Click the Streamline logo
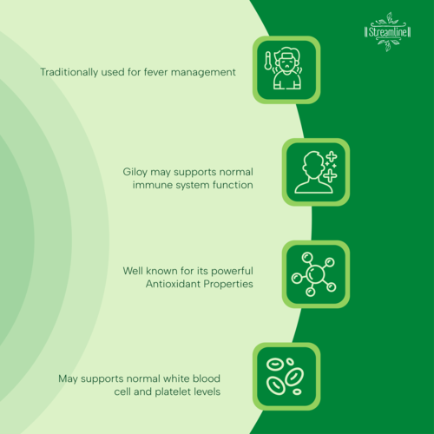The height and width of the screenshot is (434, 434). click(x=388, y=32)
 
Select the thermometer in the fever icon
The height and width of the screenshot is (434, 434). click(x=268, y=61)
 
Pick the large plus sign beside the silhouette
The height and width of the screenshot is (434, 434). click(x=330, y=175)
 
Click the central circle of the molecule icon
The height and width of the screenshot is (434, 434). click(x=315, y=273)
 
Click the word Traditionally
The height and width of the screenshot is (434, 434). click(x=69, y=72)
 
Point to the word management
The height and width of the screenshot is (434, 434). click(x=203, y=73)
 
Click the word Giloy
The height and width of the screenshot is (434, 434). click(x=135, y=172)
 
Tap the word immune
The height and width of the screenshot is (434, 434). click(x=151, y=185)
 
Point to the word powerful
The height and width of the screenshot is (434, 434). click(x=232, y=272)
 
